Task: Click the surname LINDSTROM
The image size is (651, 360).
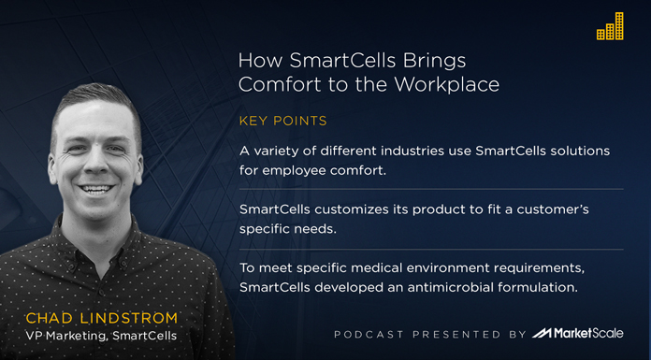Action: pos(137,318)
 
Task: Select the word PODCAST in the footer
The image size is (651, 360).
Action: pos(369,335)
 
